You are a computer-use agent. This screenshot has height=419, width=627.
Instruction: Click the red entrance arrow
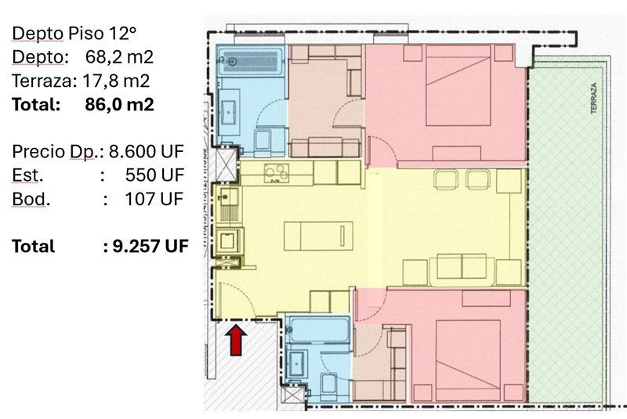[236, 340]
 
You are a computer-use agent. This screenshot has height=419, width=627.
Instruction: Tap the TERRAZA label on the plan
[594, 98]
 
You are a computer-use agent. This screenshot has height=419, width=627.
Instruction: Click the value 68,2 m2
[119, 57]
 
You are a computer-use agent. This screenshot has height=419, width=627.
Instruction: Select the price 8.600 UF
[147, 151]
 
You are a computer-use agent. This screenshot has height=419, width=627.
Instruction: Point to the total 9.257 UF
[150, 246]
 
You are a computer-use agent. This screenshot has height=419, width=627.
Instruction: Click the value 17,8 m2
[116, 81]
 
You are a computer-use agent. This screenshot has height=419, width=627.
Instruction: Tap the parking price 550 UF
[154, 175]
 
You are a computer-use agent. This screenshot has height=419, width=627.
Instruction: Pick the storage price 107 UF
[154, 199]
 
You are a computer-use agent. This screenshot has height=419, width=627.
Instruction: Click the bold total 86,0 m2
[119, 104]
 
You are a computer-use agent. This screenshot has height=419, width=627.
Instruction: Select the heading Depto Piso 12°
[74, 34]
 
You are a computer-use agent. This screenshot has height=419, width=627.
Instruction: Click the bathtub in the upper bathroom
[251, 61]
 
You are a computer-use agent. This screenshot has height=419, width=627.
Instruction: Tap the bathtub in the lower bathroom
[319, 330]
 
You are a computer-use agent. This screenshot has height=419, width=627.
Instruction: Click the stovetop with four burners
[277, 173]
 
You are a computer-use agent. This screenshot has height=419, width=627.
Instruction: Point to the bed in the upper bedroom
[458, 85]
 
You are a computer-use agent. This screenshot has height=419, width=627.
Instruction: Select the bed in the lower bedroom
[468, 360]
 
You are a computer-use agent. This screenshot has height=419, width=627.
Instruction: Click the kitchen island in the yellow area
[319, 236]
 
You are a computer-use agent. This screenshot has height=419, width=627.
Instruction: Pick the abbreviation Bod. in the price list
[31, 199]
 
